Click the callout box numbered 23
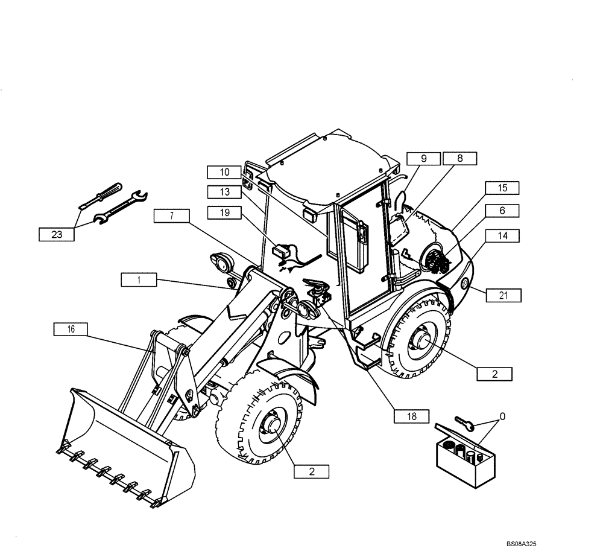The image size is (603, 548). tap(57, 234)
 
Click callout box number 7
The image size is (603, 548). tap(171, 215)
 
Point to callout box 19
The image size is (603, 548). tap(224, 212)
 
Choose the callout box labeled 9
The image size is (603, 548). tap(423, 159)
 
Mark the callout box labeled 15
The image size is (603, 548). tap(502, 188)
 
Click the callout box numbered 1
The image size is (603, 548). tap(138, 279)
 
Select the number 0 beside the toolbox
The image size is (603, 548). tap(502, 416)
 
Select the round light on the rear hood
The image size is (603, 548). tap(464, 284)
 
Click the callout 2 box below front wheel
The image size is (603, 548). tap(312, 471)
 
